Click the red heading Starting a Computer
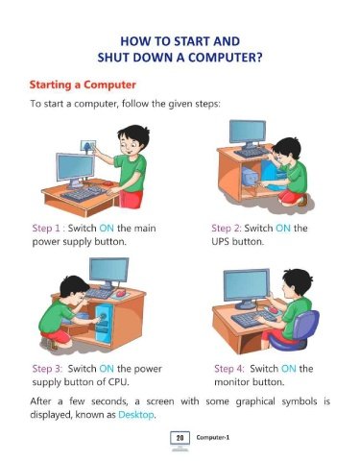pyautogui.click(x=83, y=85)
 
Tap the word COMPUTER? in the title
pyautogui.click(x=225, y=58)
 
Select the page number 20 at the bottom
pyautogui.click(x=180, y=438)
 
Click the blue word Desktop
pyautogui.click(x=136, y=415)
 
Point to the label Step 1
pyautogui.click(x=46, y=229)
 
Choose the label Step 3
pyautogui.click(x=47, y=369)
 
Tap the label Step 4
pyautogui.click(x=229, y=369)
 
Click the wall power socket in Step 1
pyautogui.click(x=88, y=146)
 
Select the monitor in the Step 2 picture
pyautogui.click(x=248, y=133)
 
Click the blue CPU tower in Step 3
pyautogui.click(x=105, y=324)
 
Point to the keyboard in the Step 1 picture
pyautogui.click(x=84, y=194)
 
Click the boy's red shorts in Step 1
pyautogui.click(x=131, y=199)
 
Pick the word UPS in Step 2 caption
pyautogui.click(x=220, y=242)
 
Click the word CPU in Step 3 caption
pyautogui.click(x=118, y=382)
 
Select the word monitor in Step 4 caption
pyautogui.click(x=232, y=382)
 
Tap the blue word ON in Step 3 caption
pyautogui.click(x=107, y=369)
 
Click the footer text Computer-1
pyautogui.click(x=213, y=438)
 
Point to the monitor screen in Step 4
pyautogui.click(x=247, y=284)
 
